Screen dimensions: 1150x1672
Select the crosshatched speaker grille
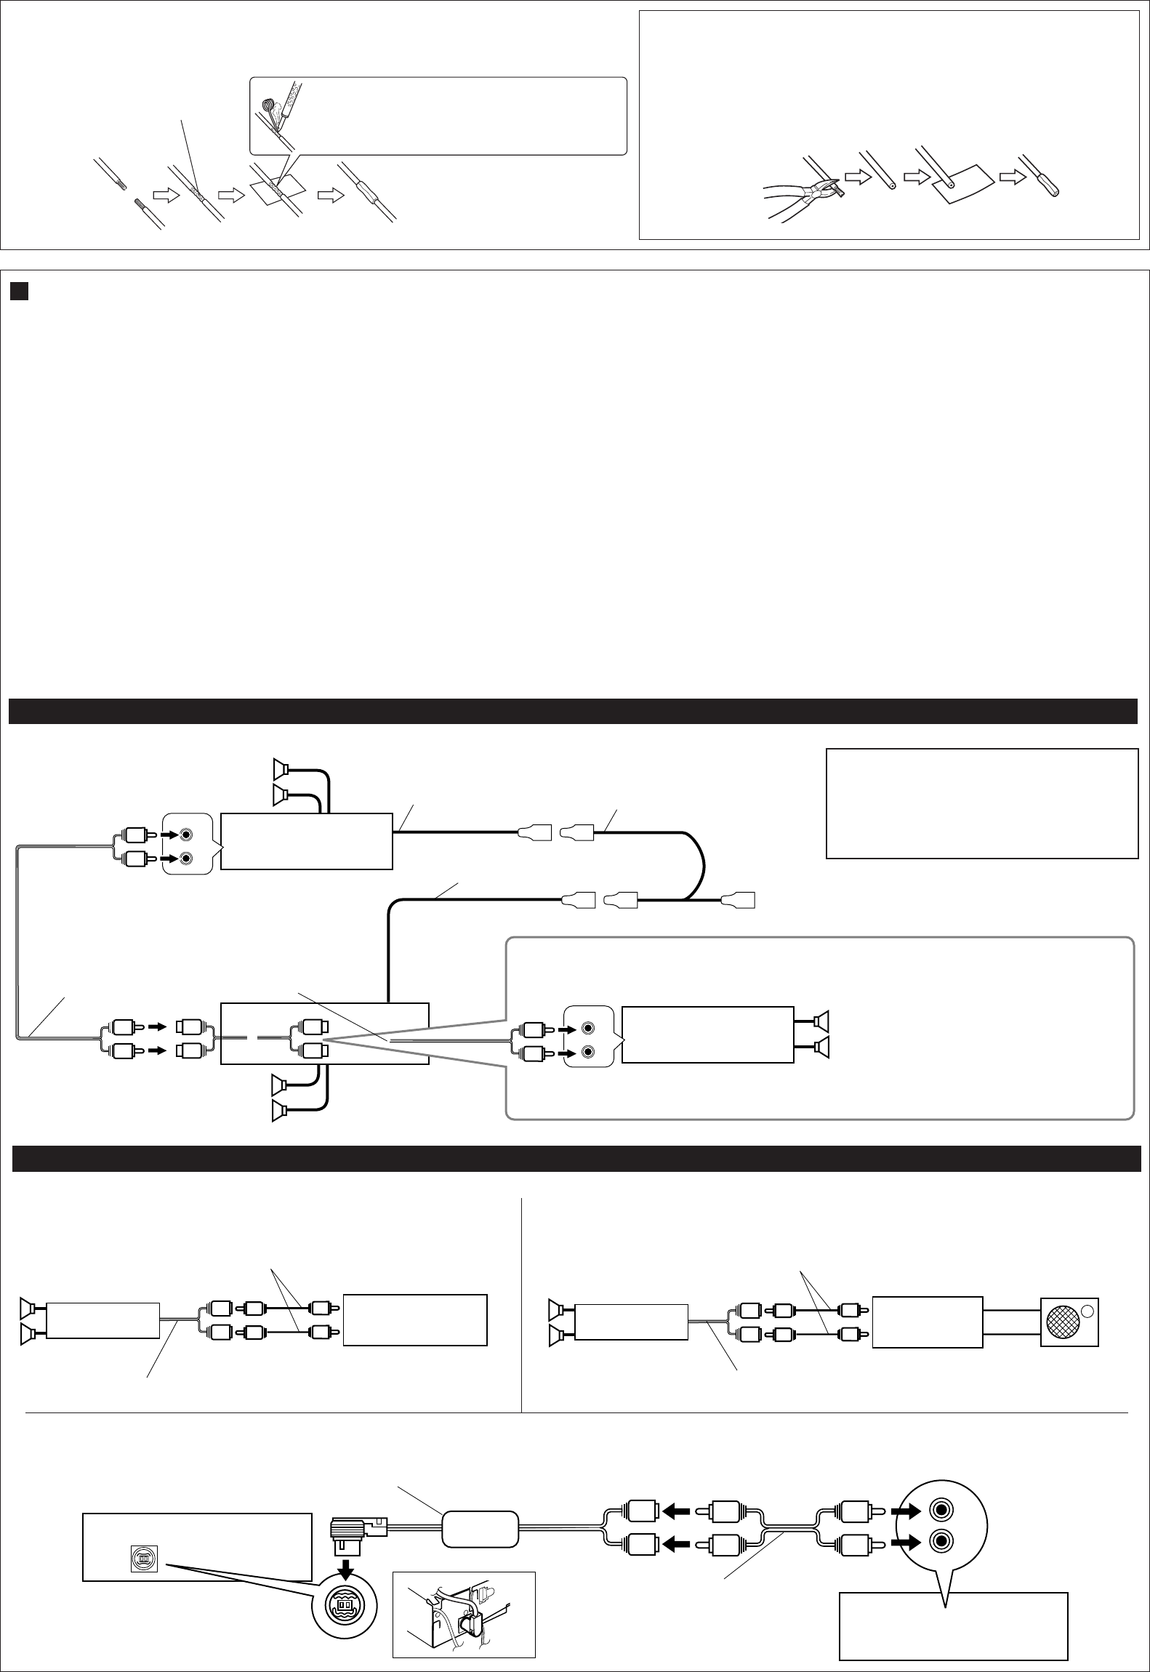(1063, 1322)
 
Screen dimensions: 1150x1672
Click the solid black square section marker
(18, 291)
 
